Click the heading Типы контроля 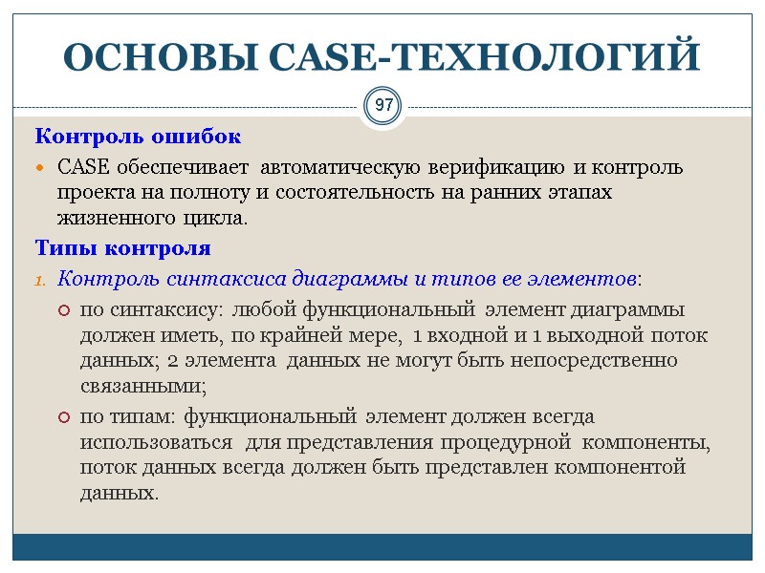122,248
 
